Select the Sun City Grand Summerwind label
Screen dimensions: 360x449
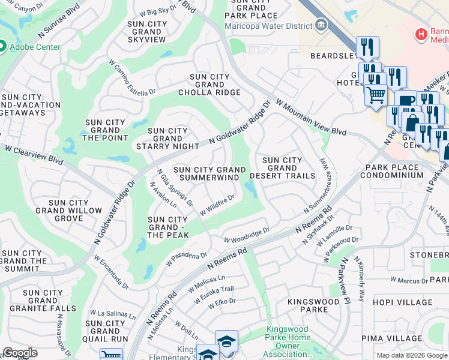tap(209, 173)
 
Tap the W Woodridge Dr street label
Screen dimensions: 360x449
tap(247, 235)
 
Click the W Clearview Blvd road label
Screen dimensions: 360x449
tap(34, 156)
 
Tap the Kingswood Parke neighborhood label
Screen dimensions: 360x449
tap(307, 304)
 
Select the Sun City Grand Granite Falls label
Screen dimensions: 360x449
tap(41, 301)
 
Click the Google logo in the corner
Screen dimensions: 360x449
tap(20, 353)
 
